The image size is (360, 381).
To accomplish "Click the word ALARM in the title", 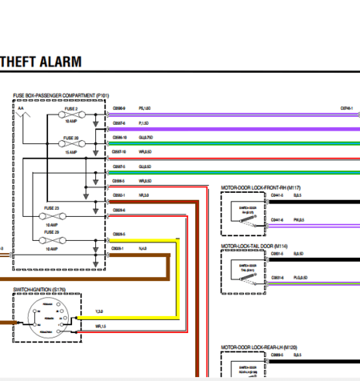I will pyautogui.click(x=66, y=62).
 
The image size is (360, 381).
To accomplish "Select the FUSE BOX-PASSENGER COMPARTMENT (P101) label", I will pyautogui.click(x=60, y=95).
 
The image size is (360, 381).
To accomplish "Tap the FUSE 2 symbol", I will pyautogui.click(x=71, y=114).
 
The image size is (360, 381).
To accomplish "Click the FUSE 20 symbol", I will pyautogui.click(x=71, y=144).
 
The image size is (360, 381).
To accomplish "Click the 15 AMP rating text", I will pyautogui.click(x=71, y=151).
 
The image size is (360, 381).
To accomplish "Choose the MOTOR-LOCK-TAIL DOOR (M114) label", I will pyautogui.click(x=254, y=247).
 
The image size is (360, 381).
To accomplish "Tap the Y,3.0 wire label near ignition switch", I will pyautogui.click(x=99, y=311).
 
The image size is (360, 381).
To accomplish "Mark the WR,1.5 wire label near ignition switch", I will pyautogui.click(x=101, y=326).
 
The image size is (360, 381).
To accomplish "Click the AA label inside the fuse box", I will pyautogui.click(x=21, y=107).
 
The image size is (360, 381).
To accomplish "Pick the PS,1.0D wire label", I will pyautogui.click(x=146, y=107).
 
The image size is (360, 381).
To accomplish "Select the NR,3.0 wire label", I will pyautogui.click(x=144, y=195).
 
